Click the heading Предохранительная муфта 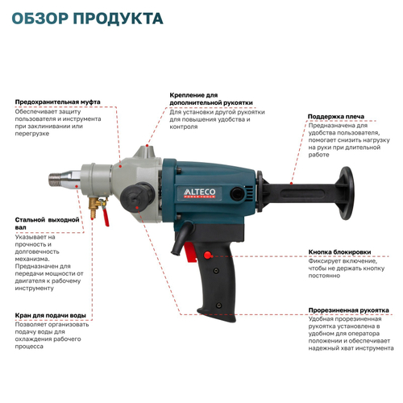click(x=58, y=102)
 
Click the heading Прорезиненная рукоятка click(x=350, y=311)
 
